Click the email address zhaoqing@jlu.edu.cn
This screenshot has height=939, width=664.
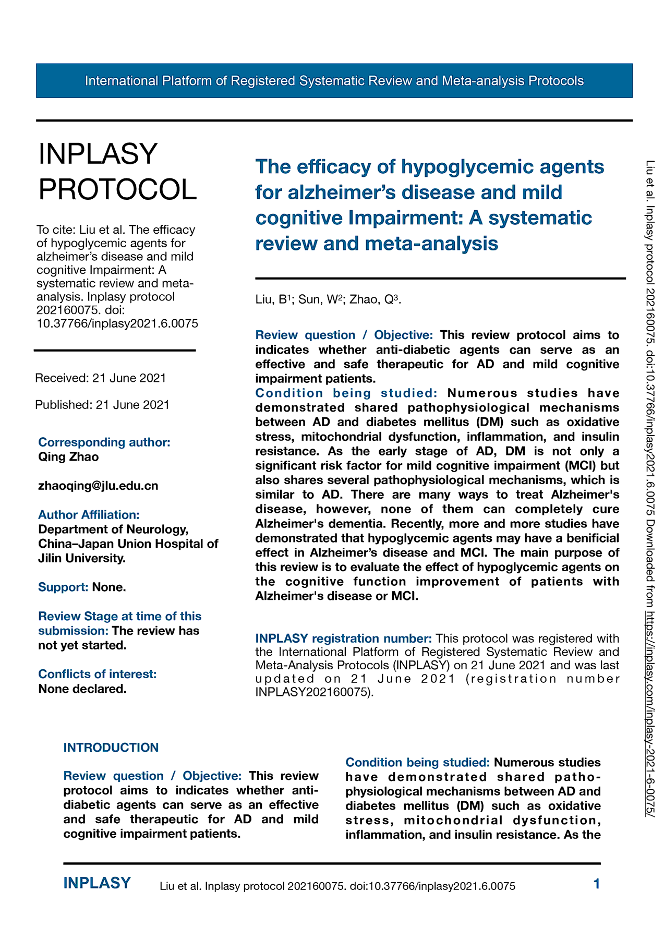tap(98, 486)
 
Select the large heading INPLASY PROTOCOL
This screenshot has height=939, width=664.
tap(117, 172)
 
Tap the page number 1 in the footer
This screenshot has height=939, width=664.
tap(597, 884)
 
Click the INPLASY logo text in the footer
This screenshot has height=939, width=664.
tap(97, 883)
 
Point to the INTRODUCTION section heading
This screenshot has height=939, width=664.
tap(111, 748)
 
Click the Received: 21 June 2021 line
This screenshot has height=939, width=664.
tap(101, 378)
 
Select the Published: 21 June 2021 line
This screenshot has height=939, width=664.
tap(102, 405)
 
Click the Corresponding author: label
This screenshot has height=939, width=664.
tap(104, 442)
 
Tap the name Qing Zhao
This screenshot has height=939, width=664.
tap(68, 457)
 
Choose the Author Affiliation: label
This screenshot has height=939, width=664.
tap(89, 515)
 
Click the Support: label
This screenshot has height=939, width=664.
tap(63, 587)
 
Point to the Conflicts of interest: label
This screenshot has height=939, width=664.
tap(97, 674)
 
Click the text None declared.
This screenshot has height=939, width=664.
tap(82, 689)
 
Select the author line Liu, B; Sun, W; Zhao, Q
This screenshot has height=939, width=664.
tap(328, 299)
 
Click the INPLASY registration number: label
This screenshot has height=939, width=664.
tap(343, 639)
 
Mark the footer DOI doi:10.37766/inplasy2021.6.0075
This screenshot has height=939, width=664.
tap(432, 886)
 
